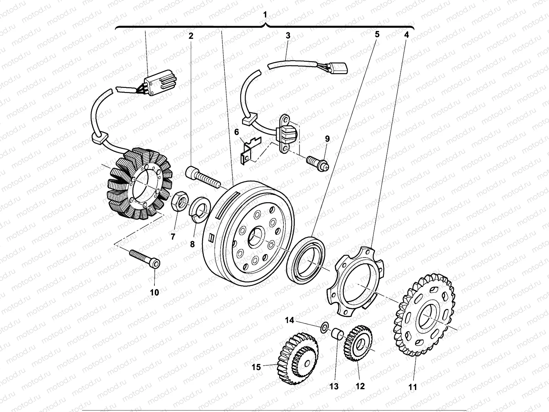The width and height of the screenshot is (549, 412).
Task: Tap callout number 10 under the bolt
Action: click(x=154, y=293)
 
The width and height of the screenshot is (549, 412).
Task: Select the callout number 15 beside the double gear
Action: click(x=256, y=367)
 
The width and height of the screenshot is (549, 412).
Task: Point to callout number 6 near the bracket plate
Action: click(x=236, y=132)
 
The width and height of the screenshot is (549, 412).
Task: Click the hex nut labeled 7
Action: click(x=178, y=202)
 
